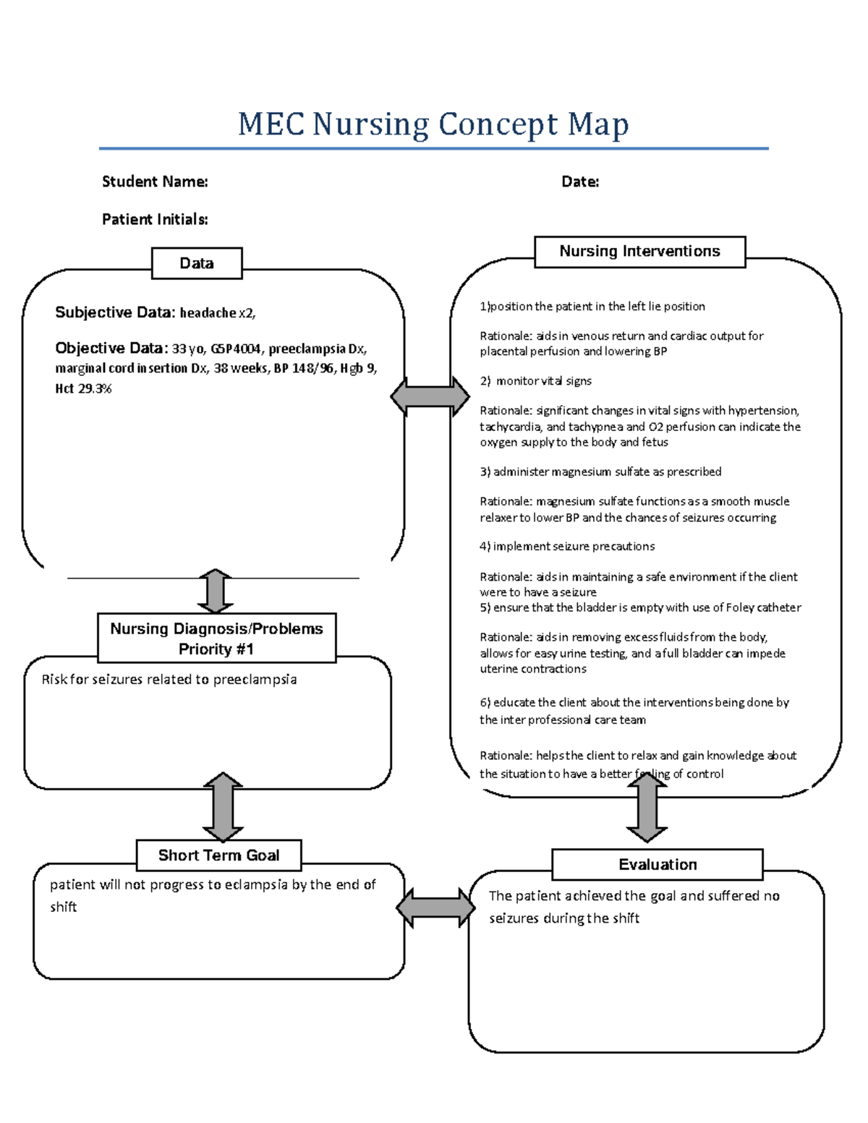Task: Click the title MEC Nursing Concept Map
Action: pos(433,124)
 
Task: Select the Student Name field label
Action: pos(155,182)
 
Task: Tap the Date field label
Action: pos(580,182)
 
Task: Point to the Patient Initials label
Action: pos(155,219)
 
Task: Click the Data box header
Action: pos(197,263)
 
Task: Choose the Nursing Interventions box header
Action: pos(639,252)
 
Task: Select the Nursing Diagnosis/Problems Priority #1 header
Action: pos(216,639)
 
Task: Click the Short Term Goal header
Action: pos(218,855)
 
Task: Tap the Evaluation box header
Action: pos(657,865)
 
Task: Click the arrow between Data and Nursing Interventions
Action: pos(430,396)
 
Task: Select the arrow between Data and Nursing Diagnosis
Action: pos(215,592)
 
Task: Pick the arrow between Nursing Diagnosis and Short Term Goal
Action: pos(223,806)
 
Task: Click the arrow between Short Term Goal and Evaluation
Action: pos(435,908)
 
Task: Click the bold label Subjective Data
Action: pos(115,312)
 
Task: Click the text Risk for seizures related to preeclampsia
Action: pos(169,680)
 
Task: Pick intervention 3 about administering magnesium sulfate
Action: pos(600,471)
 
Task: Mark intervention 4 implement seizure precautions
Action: pos(567,547)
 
